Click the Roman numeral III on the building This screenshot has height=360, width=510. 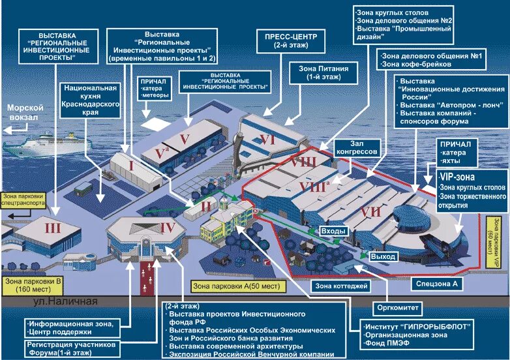53,228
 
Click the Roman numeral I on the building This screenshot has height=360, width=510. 130,166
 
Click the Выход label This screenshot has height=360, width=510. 382,256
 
